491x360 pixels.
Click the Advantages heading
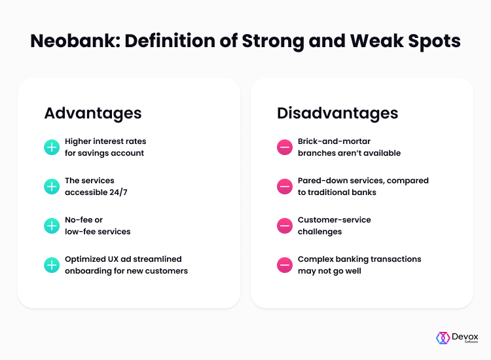93,113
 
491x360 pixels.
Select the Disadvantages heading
338,113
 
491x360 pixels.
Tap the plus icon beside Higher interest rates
52,147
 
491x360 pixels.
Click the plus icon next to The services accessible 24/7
52,187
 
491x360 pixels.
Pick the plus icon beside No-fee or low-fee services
52,226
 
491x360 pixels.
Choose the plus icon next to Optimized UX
52,265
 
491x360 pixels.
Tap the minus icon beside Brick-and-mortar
285,147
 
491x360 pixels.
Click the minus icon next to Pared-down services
285,187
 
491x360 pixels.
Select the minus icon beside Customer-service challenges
285,226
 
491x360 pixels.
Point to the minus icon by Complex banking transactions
285,265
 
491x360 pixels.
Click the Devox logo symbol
443,338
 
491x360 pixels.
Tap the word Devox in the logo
465,337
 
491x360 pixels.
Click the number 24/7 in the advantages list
118,192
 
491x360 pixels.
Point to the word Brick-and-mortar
334,141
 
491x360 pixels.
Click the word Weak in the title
376,41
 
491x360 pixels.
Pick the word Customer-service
334,220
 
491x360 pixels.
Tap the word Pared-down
323,181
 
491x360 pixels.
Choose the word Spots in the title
434,42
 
